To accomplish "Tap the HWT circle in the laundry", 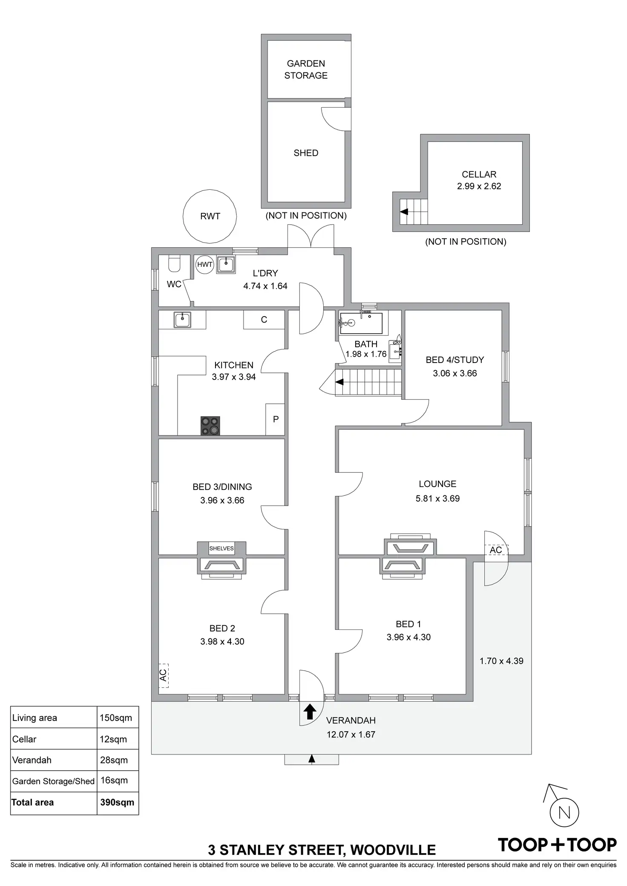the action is coord(205,264).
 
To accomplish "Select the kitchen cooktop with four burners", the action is coord(210,426).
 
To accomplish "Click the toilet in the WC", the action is coord(175,263).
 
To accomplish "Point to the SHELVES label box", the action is coord(221,548).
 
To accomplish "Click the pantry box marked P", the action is coord(275,419).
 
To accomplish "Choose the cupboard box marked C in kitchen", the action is coord(264,320).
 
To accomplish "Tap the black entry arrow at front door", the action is coord(310,712).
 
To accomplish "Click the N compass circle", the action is coord(564,813).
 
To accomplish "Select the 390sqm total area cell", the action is coord(118,803).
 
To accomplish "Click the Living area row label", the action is coord(35,718).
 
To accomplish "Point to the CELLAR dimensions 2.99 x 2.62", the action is coord(479,186).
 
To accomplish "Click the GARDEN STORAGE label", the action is coord(306,69).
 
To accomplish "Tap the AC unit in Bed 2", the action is coord(164,675).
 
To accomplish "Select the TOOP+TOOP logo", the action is coord(557,845).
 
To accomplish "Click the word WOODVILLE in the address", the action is coord(393,850).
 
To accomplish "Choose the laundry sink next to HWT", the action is coord(226,265).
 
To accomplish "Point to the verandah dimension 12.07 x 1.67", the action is coord(351,734).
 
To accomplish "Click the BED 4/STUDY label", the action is coord(455,360).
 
